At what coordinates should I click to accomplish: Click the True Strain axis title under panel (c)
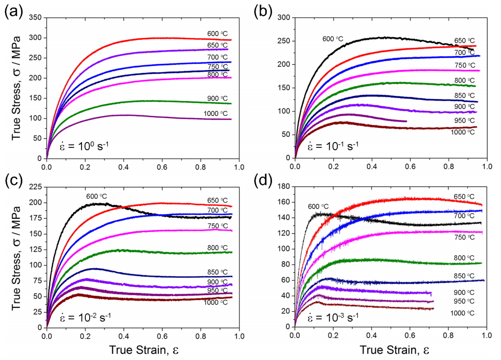(x=143, y=350)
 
